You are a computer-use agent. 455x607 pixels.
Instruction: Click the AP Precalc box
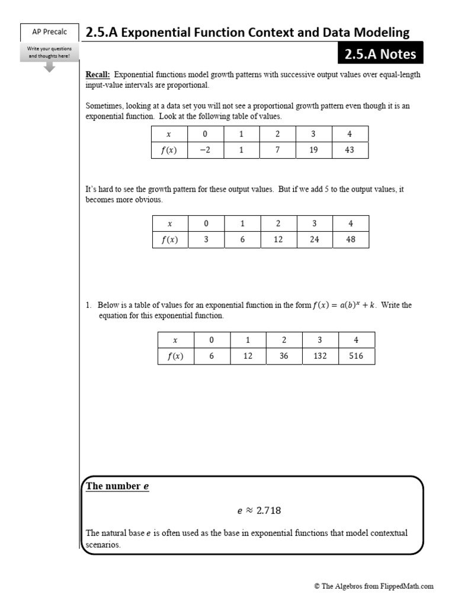(49, 33)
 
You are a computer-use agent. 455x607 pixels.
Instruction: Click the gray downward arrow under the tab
(49, 68)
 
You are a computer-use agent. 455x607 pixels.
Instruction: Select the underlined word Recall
(98, 75)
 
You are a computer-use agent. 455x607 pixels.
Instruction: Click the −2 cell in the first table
(205, 150)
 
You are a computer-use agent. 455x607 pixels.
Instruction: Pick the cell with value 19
(313, 150)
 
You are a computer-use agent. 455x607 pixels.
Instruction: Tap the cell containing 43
(350, 150)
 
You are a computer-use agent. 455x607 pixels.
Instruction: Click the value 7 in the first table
(277, 150)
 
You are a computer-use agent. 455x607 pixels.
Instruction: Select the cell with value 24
(315, 239)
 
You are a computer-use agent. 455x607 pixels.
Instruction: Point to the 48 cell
(351, 239)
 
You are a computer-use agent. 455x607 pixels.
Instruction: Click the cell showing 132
(320, 356)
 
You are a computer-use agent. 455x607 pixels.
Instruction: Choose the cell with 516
(356, 356)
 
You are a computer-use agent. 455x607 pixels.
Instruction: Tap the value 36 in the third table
(284, 356)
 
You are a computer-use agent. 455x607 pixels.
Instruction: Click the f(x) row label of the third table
(175, 356)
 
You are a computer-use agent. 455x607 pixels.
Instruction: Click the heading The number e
(117, 487)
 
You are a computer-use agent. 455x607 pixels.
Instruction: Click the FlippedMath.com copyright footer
(374, 586)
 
